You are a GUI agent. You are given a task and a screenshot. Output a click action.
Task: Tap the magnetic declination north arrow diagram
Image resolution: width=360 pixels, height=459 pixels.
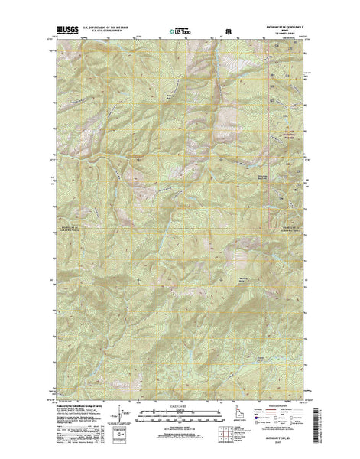122,423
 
